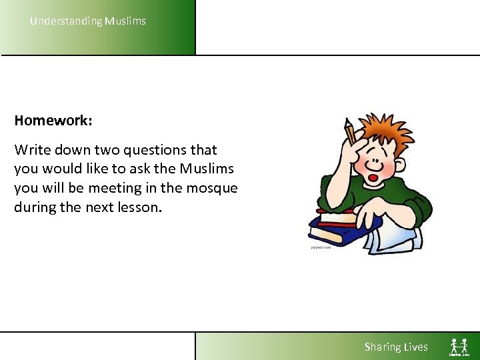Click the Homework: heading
pyautogui.click(x=53, y=121)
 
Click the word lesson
pyautogui.click(x=139, y=207)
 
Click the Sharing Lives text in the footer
pyautogui.click(x=396, y=347)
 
